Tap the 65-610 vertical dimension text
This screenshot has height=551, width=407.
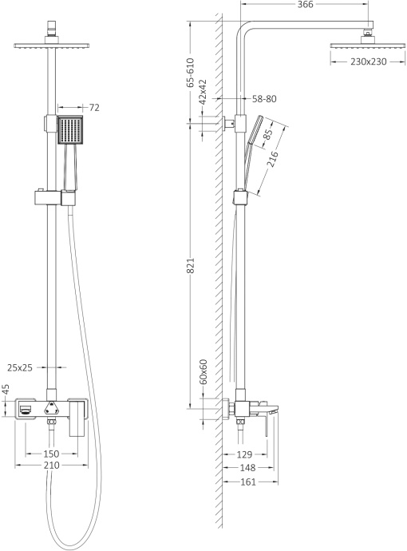[x=191, y=71]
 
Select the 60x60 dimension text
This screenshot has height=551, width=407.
[x=203, y=371]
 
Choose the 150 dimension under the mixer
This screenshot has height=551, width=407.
[x=51, y=454]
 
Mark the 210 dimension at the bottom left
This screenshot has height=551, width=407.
[x=51, y=466]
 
